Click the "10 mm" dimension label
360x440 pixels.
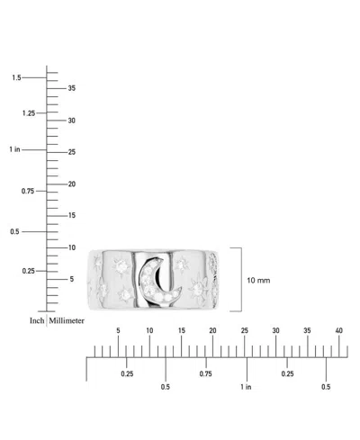258,281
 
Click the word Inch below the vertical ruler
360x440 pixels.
37,320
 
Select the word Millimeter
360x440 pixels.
67,320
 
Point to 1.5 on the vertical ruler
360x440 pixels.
16,77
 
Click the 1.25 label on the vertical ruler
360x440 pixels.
29,113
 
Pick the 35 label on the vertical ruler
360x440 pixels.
71,88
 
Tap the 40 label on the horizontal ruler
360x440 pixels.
338,330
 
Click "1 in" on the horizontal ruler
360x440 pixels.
246,387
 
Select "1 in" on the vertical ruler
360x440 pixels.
14,149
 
